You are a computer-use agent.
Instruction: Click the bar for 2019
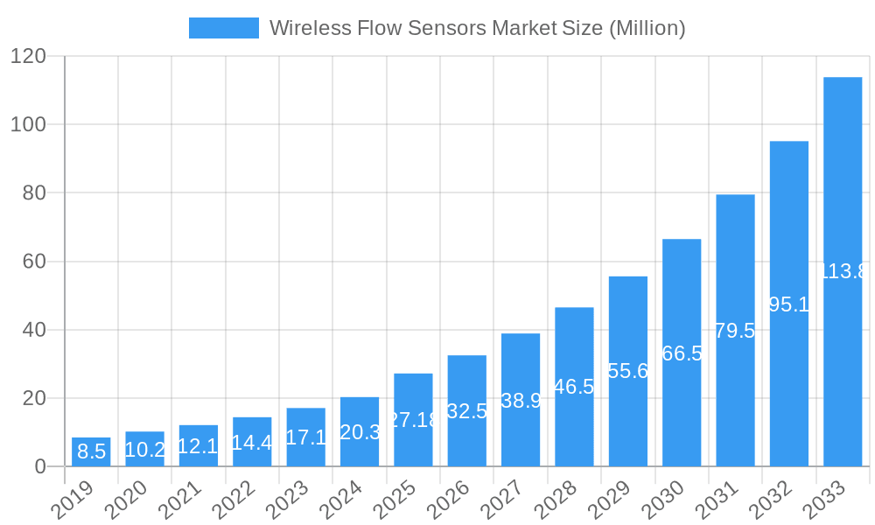coord(91,451)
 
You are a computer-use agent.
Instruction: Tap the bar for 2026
coord(467,410)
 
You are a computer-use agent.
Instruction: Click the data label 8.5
coord(91,452)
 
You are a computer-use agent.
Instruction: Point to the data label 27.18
coord(413,420)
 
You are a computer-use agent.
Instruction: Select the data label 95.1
coord(788,304)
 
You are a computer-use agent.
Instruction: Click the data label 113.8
coord(843,271)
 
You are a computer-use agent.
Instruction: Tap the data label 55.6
coord(627,371)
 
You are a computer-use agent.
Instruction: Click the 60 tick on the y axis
coord(34,262)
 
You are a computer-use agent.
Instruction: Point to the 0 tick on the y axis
coord(40,467)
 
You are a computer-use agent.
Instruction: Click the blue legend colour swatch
coord(224,28)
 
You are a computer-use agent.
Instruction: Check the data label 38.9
coord(521,401)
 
